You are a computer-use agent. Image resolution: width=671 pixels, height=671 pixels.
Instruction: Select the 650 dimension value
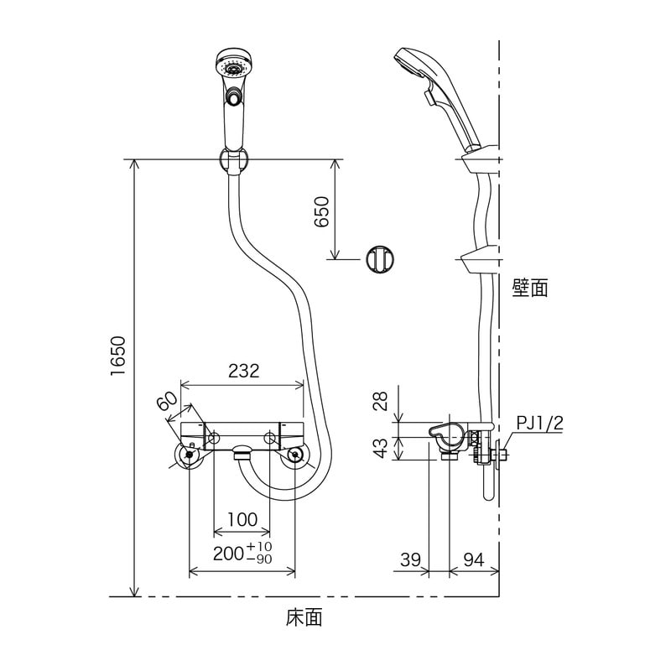(321, 211)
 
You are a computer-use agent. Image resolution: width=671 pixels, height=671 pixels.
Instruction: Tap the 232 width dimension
(243, 371)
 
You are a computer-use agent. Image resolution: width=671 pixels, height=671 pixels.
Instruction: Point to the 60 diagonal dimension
(167, 401)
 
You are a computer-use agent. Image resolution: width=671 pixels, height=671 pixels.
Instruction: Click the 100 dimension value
(242, 519)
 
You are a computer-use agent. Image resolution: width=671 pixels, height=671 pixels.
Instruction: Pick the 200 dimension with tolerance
(242, 553)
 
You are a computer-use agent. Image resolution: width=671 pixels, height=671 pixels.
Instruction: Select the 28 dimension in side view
(381, 401)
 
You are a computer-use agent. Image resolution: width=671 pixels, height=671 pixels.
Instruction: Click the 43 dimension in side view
(381, 448)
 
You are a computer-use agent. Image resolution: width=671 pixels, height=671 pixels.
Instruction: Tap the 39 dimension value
(411, 559)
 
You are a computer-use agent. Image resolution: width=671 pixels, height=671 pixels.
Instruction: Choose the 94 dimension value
(474, 559)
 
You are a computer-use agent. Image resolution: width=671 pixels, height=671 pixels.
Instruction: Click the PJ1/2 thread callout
(539, 424)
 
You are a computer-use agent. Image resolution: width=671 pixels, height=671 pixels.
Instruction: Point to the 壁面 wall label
(530, 288)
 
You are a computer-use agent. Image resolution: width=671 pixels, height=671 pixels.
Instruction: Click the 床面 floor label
(304, 617)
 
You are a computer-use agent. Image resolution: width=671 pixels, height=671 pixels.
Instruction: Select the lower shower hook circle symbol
(380, 259)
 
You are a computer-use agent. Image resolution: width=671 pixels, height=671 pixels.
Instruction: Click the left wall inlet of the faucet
(189, 456)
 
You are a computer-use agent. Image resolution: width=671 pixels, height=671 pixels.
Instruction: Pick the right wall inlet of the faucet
(295, 456)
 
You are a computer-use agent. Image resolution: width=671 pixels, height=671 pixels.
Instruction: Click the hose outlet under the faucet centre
(242, 452)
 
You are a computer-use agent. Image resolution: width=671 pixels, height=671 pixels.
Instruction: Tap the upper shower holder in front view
(233, 160)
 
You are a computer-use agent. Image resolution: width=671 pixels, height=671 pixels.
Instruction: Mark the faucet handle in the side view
(446, 435)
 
